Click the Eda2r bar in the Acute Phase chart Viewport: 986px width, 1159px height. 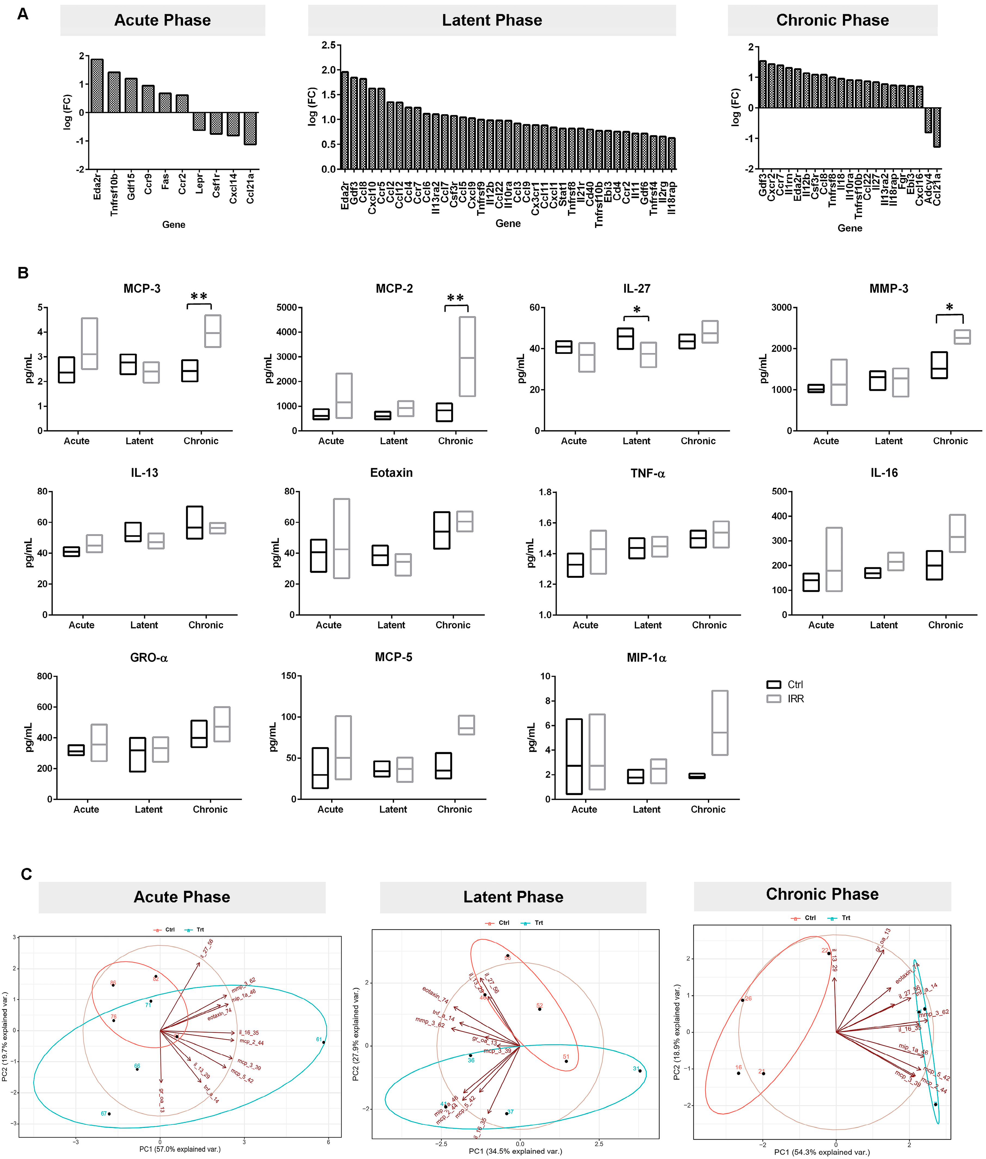[x=97, y=85]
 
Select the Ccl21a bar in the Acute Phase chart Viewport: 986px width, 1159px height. [x=250, y=128]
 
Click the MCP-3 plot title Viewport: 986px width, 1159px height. [x=142, y=289]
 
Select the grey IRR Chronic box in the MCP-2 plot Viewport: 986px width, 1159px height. [x=467, y=357]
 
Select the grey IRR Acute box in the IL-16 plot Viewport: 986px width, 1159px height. [x=834, y=559]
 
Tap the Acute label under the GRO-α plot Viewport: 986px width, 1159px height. [x=86, y=809]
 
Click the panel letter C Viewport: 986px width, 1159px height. [x=26, y=874]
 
